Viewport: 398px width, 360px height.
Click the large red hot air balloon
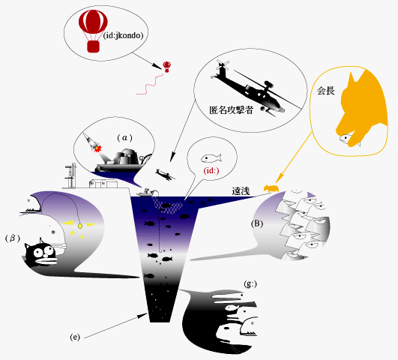(93, 31)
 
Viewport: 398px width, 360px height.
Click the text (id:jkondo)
(124, 35)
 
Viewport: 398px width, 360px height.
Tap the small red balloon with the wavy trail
(166, 67)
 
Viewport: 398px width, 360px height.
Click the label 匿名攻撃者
(232, 110)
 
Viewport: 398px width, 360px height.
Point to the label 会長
(326, 91)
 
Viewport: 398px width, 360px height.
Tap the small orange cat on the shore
(271, 188)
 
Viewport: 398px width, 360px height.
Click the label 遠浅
(241, 191)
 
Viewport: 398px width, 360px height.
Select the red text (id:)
(211, 170)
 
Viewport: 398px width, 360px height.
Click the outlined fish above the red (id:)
(211, 158)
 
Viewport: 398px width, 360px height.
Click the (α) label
(124, 138)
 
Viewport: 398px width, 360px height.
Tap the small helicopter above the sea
(165, 175)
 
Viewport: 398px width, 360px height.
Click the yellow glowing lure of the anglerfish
(80, 226)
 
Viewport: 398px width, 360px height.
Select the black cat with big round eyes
(40, 253)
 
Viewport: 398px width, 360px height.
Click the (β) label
(13, 238)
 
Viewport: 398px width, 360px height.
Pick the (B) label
(256, 223)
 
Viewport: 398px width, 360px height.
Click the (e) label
(75, 337)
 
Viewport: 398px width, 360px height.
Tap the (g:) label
(250, 283)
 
